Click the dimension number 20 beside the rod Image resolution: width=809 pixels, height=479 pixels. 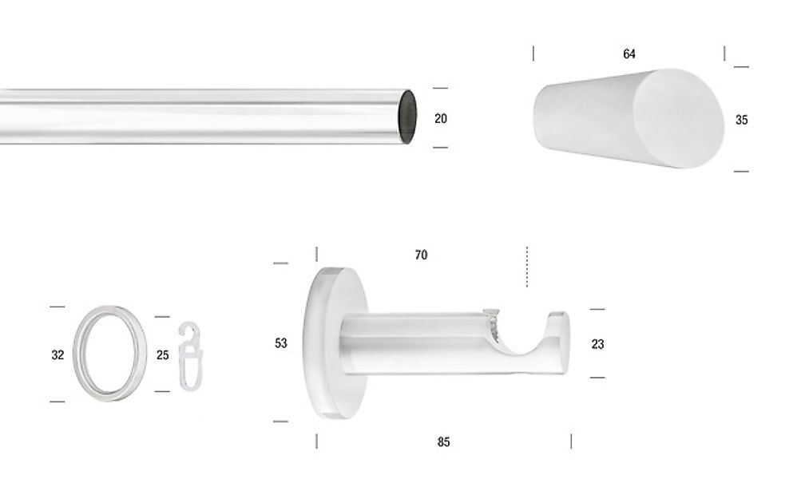coord(441,119)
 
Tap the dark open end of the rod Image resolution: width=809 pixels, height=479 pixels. coord(407,117)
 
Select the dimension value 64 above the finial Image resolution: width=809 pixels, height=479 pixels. coord(629,54)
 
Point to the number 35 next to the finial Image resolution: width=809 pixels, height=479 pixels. coord(741,120)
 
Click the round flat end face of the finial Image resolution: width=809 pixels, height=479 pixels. coord(679,118)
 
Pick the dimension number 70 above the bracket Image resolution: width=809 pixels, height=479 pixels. coord(421,255)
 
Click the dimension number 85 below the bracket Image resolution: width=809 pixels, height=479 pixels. coord(443,442)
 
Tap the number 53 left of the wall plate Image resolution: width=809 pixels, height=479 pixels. coord(280,343)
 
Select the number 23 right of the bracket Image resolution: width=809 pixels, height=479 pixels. coord(597,344)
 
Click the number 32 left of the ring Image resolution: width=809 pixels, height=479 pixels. coord(58,355)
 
